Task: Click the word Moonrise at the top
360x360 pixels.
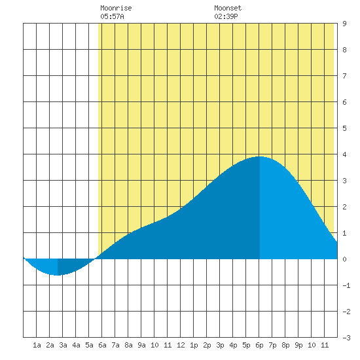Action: (116, 8)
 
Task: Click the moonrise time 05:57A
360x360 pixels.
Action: (112, 16)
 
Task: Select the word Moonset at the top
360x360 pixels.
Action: (228, 8)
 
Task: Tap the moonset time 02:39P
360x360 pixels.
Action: (226, 16)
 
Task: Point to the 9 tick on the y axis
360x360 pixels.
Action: (344, 24)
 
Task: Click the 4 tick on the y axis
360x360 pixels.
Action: (344, 154)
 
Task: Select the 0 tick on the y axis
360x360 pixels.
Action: (344, 259)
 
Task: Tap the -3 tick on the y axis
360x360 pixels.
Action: (346, 338)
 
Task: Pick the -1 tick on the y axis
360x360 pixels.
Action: (346, 285)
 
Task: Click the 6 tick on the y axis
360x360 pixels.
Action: (344, 102)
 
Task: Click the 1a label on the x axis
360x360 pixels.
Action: (37, 345)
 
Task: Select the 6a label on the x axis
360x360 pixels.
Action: (102, 345)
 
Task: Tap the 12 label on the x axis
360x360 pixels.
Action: (181, 345)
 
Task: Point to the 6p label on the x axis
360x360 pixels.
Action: (259, 345)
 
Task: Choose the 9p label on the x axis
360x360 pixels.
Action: (298, 345)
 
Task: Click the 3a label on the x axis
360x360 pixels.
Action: (63, 345)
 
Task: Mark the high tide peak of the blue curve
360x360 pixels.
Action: (260, 156)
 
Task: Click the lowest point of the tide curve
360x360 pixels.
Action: (58, 275)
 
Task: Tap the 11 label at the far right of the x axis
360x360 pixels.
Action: (325, 345)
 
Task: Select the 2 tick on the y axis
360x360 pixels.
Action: (344, 207)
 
